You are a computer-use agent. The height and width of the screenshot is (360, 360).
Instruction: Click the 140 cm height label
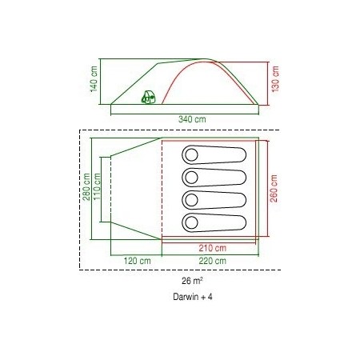click(x=94, y=79)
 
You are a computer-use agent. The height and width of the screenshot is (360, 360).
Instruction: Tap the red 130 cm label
click(x=275, y=79)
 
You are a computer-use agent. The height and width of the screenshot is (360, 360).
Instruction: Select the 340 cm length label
click(x=192, y=119)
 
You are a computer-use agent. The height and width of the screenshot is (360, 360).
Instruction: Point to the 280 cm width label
click(x=86, y=186)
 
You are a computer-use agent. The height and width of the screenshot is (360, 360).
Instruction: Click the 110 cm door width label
click(x=97, y=186)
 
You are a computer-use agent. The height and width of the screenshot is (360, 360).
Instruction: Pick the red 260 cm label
click(x=274, y=188)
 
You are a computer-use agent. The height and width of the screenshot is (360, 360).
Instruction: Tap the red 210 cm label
click(x=212, y=248)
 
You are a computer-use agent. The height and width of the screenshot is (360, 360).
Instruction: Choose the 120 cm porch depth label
click(x=137, y=261)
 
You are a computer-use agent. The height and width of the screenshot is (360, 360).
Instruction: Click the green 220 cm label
click(x=212, y=261)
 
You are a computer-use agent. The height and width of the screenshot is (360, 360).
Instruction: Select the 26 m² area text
click(x=192, y=281)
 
